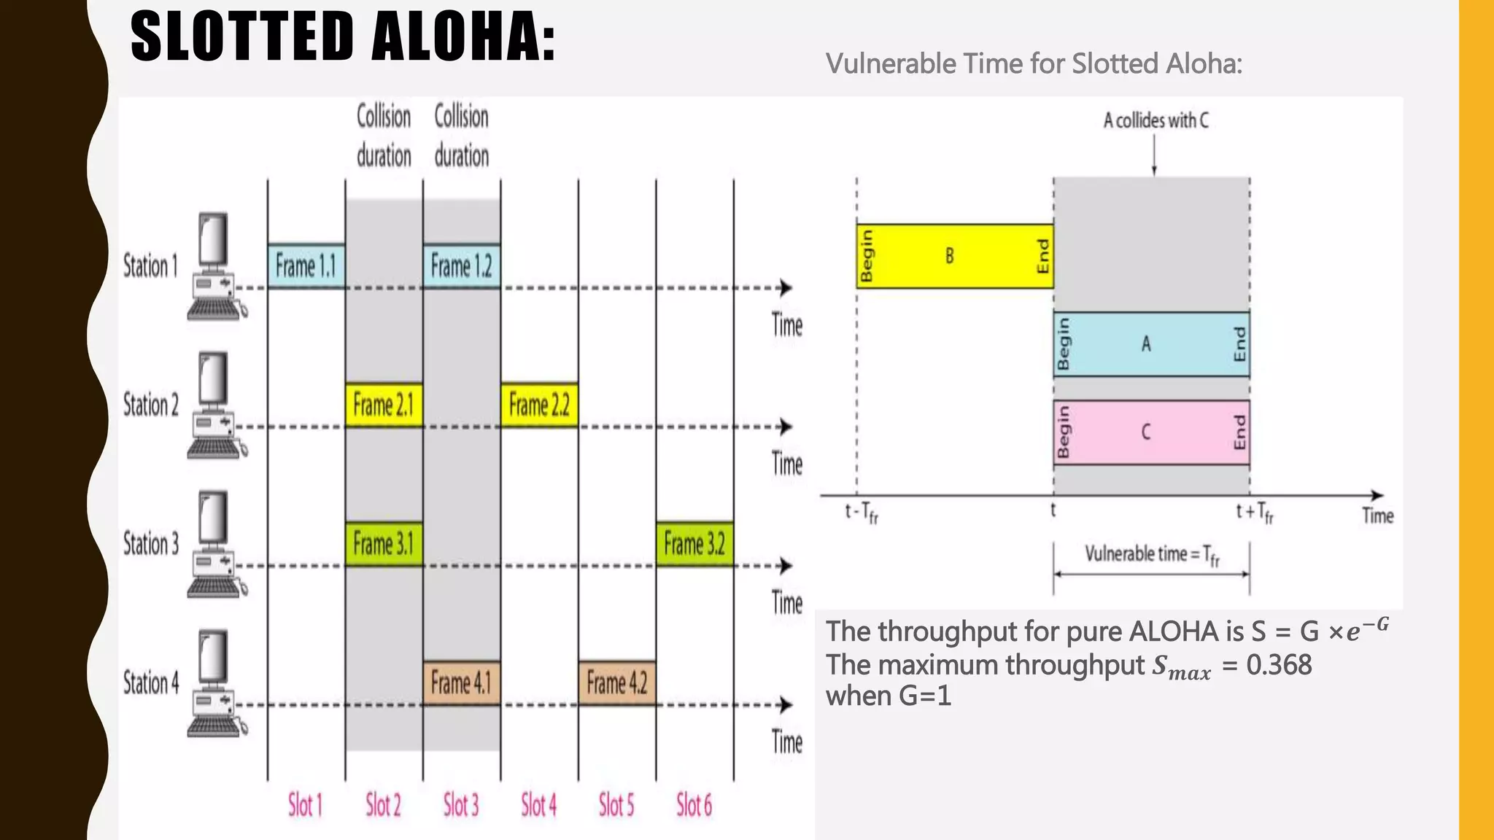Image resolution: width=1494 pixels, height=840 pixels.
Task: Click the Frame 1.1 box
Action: [306, 266]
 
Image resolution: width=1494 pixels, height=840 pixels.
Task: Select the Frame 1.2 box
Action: [462, 266]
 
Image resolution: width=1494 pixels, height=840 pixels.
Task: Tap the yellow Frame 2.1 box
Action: [384, 405]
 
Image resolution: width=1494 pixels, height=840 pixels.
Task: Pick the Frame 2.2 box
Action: [539, 405]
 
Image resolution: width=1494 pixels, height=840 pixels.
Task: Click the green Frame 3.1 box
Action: [384, 544]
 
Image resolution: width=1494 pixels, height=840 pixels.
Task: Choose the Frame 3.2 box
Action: [694, 544]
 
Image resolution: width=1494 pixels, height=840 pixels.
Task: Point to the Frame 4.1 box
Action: [462, 683]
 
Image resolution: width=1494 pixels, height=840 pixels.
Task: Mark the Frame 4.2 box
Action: [617, 683]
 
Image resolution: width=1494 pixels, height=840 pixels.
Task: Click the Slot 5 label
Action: [616, 806]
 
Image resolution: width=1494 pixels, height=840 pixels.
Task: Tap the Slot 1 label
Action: [305, 806]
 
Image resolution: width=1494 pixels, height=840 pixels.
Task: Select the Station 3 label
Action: [151, 544]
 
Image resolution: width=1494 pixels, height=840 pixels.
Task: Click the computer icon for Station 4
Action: [214, 683]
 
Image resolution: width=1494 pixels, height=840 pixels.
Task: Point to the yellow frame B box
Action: [954, 256]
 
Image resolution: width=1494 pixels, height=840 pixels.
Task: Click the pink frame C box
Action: [1151, 432]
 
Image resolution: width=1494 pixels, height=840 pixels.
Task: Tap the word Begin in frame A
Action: [1064, 344]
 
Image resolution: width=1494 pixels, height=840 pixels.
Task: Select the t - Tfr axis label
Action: [862, 513]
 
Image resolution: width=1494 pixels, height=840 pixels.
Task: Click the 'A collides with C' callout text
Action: [1156, 121]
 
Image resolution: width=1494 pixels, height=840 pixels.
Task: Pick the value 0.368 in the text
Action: [1279, 665]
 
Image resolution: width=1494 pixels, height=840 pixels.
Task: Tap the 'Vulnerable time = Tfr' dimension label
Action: [1152, 555]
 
